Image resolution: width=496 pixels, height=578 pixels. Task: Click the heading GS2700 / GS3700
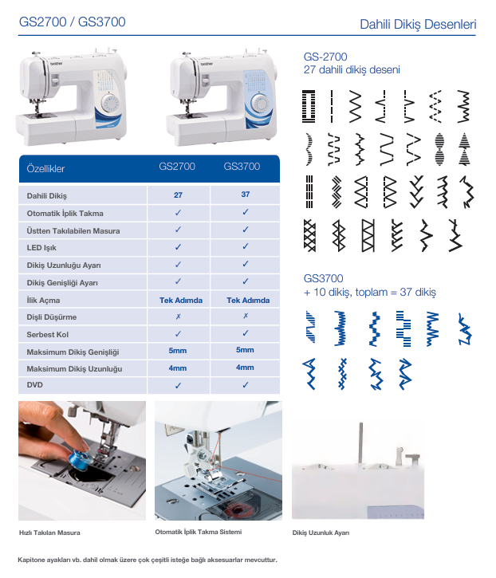(73, 22)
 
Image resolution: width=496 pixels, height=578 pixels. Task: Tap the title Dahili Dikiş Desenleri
(418, 25)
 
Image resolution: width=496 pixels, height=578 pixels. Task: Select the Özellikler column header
(45, 169)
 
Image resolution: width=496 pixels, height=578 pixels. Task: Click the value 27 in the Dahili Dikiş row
(178, 195)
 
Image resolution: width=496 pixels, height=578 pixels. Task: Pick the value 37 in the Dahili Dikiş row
(246, 195)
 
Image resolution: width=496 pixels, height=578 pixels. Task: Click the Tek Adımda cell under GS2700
(181, 301)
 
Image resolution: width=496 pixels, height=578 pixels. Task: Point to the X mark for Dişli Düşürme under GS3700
(246, 316)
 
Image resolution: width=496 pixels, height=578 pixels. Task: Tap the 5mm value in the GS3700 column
(245, 350)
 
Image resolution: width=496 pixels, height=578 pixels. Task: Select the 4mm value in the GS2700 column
(178, 368)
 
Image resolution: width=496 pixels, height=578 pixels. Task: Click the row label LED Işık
(41, 248)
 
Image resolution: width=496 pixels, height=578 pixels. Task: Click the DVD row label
(34, 385)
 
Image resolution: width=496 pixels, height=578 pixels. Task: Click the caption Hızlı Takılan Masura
(49, 533)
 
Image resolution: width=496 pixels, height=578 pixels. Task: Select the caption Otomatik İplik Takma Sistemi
(199, 532)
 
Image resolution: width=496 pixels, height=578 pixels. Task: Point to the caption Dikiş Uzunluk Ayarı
(321, 533)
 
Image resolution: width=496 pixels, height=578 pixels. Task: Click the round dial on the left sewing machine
(110, 103)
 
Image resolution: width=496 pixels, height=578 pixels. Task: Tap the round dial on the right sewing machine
(261, 104)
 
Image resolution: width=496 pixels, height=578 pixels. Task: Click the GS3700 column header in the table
(242, 167)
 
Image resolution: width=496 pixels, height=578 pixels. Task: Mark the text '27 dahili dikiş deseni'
(352, 69)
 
